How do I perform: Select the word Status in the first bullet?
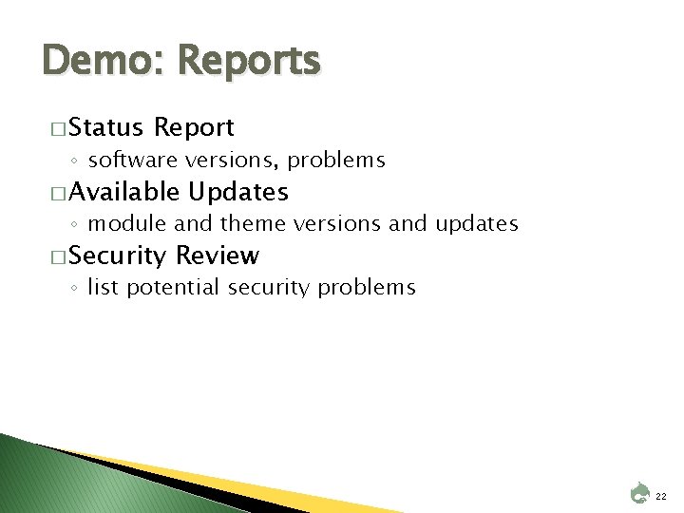tap(105, 126)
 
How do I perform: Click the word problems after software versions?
tap(338, 160)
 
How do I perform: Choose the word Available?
tap(123, 192)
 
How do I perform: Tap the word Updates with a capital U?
tap(238, 192)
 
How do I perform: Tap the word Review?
tap(218, 256)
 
